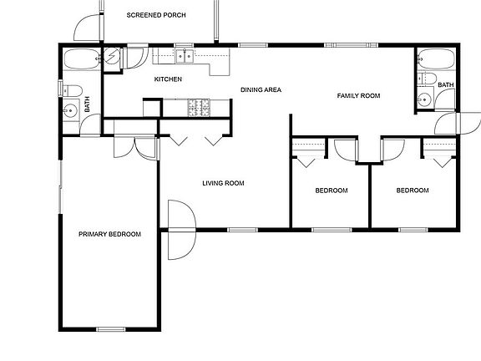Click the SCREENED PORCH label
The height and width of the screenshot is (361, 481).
156,15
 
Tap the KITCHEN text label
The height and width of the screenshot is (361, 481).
168,79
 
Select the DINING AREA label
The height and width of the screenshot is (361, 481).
260,89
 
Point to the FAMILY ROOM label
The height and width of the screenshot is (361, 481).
358,96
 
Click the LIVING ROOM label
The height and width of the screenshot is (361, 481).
223,184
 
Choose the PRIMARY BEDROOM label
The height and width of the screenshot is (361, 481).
109,234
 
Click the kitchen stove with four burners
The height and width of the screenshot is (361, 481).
200,107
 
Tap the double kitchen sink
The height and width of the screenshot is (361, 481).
185,57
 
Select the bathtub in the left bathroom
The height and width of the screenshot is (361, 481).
81,60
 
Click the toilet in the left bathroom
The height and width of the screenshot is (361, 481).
72,90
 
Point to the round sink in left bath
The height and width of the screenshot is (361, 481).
70,109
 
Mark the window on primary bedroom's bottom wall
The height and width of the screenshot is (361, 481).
110,329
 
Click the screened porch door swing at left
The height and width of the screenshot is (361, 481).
84,29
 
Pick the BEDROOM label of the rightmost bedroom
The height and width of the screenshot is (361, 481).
412,191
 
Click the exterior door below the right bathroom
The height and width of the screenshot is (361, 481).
448,124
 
